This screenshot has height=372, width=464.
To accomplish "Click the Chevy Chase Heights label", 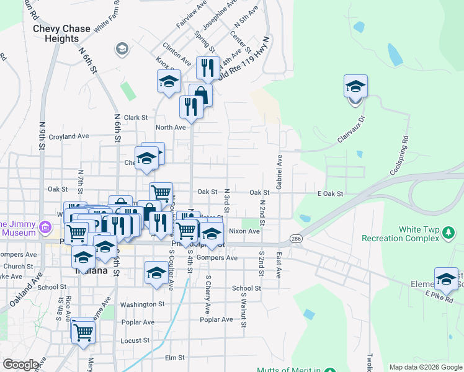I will [61, 33].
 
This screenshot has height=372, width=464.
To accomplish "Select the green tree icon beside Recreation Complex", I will [448, 234].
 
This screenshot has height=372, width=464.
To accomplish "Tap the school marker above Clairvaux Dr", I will [355, 86].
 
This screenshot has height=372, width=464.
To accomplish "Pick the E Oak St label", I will [330, 194].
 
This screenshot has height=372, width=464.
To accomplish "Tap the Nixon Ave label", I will [244, 231].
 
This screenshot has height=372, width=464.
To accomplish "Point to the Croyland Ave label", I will [69, 136].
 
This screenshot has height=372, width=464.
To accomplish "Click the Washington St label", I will [142, 304].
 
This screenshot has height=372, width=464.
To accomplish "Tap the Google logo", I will [21, 365].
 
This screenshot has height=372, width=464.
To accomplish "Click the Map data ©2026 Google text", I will [425, 367].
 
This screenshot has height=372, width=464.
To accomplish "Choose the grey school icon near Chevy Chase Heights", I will [122, 48].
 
